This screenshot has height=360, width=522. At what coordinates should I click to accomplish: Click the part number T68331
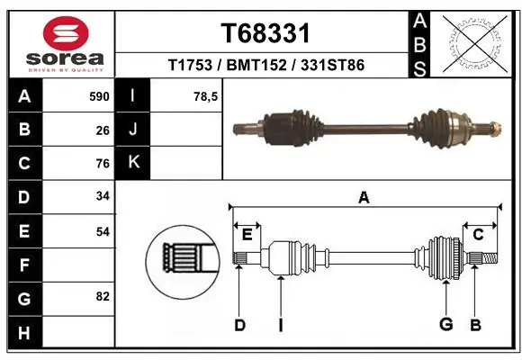pos(265,33)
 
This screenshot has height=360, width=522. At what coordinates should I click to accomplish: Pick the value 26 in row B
pos(103,130)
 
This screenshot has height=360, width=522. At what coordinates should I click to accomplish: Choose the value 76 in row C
pos(103,164)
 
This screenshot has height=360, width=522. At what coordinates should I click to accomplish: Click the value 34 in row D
pos(103,197)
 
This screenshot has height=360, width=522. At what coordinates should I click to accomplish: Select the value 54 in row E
pos(103,231)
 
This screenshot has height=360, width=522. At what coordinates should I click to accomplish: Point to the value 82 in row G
pos(103,296)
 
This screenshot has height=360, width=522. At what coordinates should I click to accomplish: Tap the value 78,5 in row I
pos(207,96)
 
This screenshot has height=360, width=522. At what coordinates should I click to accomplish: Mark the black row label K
pos(133,163)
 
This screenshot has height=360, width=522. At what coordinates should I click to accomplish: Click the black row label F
pos(23,265)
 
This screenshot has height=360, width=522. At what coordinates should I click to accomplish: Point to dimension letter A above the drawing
pos(364,197)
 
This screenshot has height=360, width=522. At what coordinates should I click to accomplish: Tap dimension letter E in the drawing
pos(247,235)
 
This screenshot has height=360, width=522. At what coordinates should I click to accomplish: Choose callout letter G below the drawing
pos(444,325)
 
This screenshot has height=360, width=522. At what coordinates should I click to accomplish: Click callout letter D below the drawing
pos(239,325)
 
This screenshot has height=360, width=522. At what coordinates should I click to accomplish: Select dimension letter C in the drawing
pos(478,235)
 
